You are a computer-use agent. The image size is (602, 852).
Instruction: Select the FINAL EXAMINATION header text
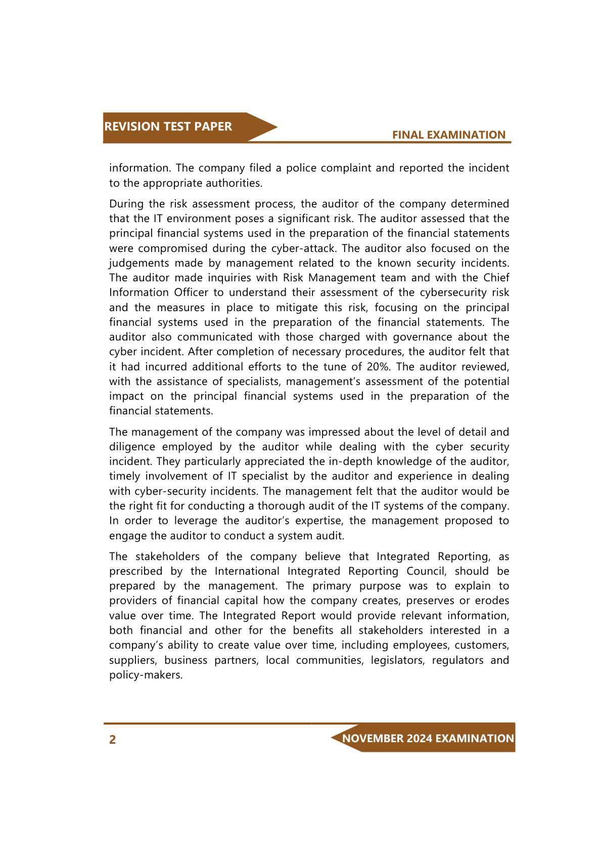pos(448,135)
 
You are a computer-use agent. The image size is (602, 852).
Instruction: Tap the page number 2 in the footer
pos(113,740)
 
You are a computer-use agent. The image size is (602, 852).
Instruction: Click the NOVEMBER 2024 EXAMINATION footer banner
pos(428,738)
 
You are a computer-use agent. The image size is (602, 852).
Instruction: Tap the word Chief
pos(496,278)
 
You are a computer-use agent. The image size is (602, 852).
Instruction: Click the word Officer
pos(191,292)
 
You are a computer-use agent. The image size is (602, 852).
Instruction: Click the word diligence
pos(132,447)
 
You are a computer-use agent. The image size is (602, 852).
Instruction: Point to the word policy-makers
pos(146,675)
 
